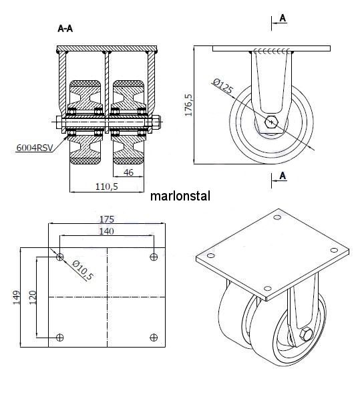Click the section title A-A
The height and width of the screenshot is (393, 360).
[x=65, y=29]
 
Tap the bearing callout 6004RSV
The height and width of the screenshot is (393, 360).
[x=35, y=148]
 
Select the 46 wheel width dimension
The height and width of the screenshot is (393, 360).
[x=128, y=172]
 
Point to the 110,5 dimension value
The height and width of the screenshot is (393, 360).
[x=106, y=186]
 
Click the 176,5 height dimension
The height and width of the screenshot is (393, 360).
[x=188, y=106]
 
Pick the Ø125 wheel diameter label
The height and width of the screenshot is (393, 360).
[x=222, y=86]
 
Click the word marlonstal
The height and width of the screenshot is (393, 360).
[x=180, y=196]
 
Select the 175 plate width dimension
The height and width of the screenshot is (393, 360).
[x=107, y=219]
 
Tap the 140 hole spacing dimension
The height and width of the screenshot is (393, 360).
[x=106, y=231]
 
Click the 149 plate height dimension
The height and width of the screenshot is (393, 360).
[x=17, y=297]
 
